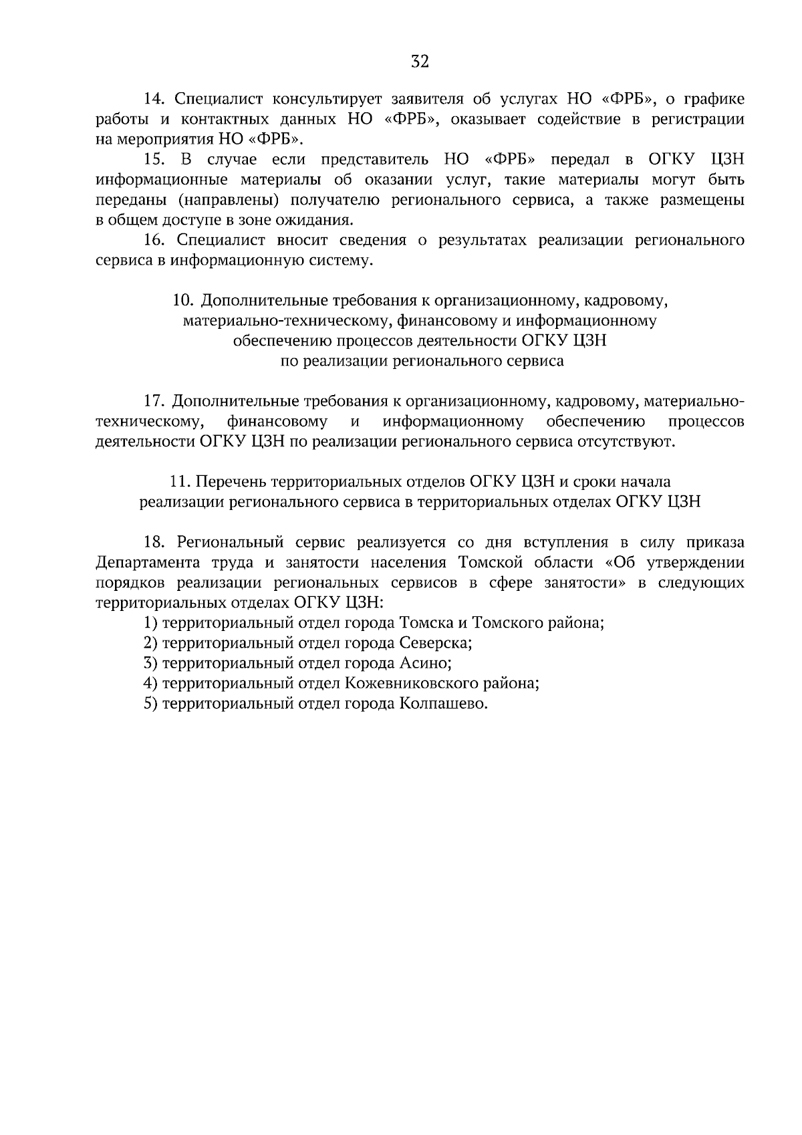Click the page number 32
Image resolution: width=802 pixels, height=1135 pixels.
420,61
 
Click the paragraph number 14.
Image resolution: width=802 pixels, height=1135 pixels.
155,100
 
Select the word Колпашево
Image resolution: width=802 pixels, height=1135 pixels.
442,704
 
